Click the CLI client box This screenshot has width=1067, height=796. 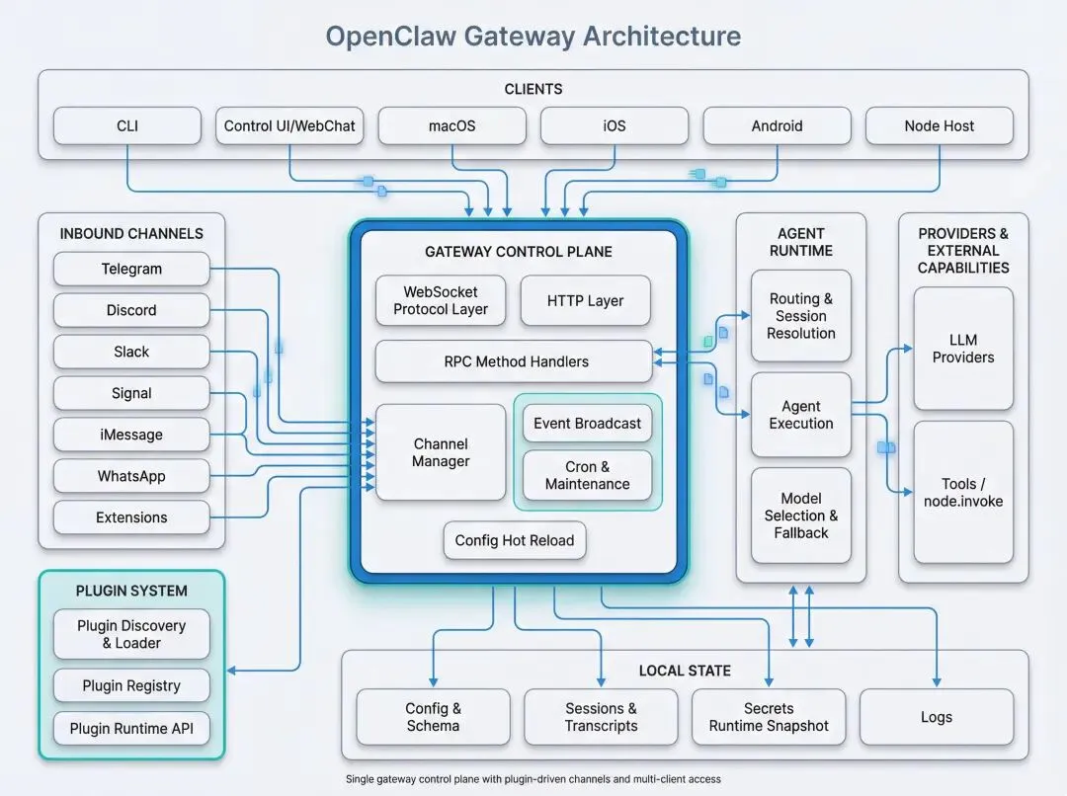click(x=127, y=125)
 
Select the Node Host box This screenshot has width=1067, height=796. click(x=939, y=125)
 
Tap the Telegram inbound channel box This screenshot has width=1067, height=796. click(x=131, y=269)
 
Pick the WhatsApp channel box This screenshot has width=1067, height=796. click(x=131, y=476)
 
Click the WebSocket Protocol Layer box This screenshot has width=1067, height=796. click(x=441, y=300)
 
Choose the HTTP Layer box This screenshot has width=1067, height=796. click(x=585, y=300)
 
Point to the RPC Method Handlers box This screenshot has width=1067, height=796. click(x=514, y=361)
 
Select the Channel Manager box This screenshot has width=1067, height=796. click(x=441, y=452)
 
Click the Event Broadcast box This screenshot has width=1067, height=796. click(x=587, y=423)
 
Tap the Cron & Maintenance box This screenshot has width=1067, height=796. click(x=587, y=475)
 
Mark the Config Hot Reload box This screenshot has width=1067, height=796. click(x=514, y=540)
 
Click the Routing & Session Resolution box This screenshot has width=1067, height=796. click(x=800, y=315)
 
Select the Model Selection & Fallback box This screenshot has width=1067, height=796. click(x=800, y=516)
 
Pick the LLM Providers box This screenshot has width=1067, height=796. click(x=963, y=349)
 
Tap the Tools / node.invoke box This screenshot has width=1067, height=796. click(x=963, y=492)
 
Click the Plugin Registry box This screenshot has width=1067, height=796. click(x=131, y=685)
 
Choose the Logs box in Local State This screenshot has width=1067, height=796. click(x=936, y=717)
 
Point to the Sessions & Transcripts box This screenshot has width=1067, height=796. click(x=601, y=717)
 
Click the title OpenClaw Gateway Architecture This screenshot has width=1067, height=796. click(x=533, y=37)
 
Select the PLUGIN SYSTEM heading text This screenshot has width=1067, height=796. click(x=131, y=591)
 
